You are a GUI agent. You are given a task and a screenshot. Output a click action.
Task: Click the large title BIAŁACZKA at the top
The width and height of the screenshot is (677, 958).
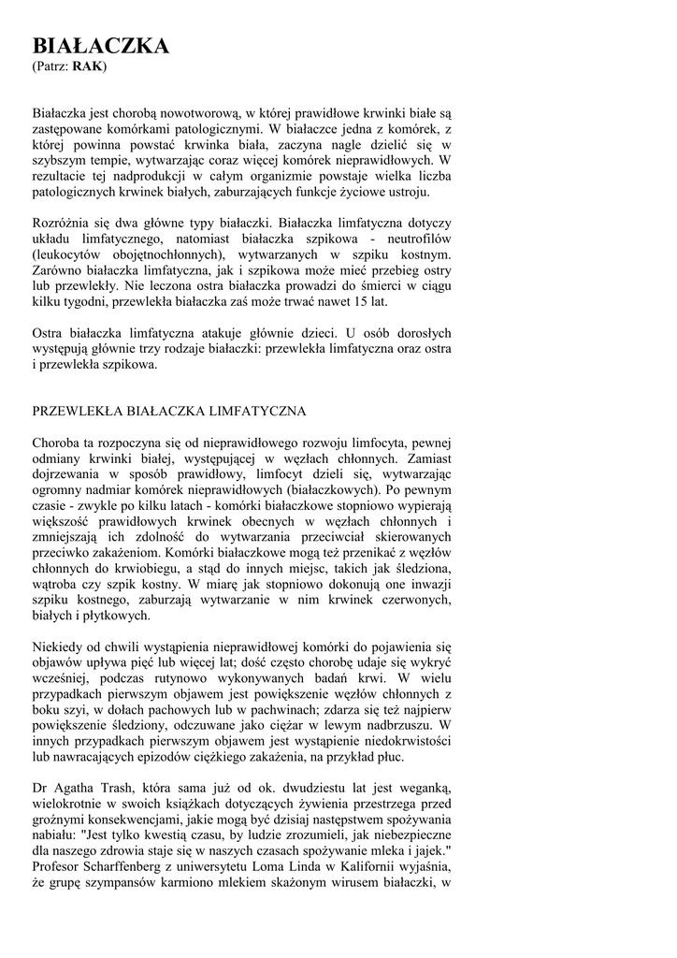tap(101, 46)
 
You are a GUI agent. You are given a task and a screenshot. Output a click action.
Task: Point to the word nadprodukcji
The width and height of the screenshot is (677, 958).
tap(140, 177)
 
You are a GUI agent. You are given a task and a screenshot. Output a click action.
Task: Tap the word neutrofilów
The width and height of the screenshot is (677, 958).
tap(417, 239)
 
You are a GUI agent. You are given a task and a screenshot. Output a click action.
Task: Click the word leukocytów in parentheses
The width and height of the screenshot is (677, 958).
tap(69, 255)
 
